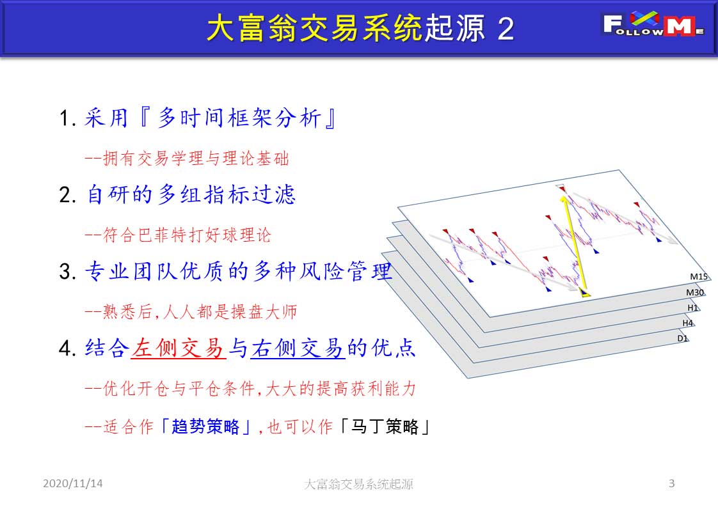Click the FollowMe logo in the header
(653, 24)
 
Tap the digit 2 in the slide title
(506, 29)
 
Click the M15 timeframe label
(699, 276)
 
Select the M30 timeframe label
(695, 292)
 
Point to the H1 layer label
(692, 308)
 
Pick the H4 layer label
(688, 323)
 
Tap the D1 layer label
(683, 338)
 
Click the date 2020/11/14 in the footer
(73, 483)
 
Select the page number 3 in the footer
(671, 483)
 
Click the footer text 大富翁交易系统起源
(358, 484)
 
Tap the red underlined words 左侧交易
(178, 348)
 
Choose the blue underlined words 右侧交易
(298, 348)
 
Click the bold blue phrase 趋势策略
(205, 427)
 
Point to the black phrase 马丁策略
(385, 427)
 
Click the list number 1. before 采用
(68, 118)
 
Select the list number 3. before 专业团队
(68, 271)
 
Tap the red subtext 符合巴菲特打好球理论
(187, 235)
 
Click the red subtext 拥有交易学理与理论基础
(196, 159)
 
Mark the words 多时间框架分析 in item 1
(239, 118)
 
